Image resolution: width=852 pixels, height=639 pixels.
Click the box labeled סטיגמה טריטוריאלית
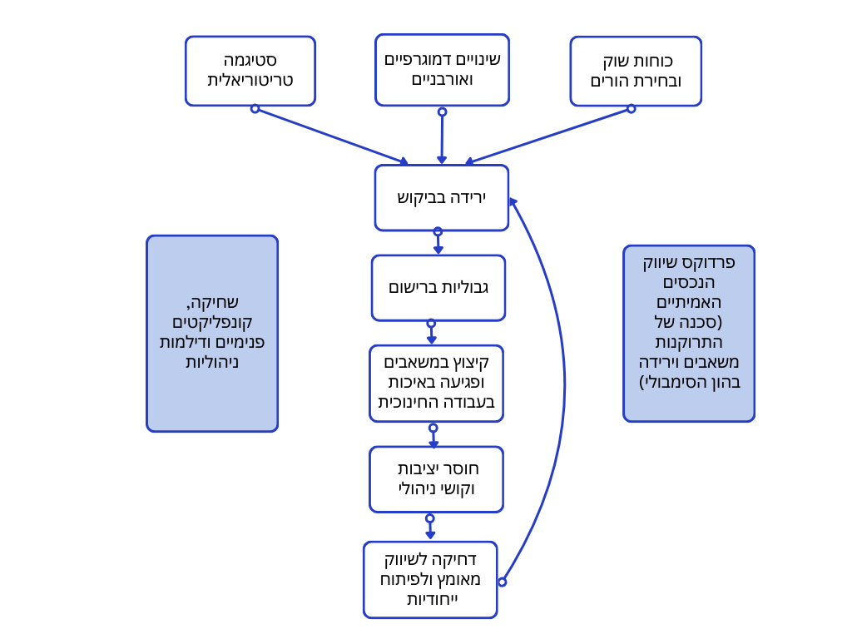(250, 71)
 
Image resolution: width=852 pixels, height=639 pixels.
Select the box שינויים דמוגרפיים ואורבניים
(442, 70)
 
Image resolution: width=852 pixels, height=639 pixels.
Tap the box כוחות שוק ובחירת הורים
(636, 71)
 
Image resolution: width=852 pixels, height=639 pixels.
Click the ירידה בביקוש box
(441, 198)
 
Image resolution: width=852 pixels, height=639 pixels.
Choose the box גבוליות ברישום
(438, 287)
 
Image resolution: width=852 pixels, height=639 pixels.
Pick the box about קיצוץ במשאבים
(436, 383)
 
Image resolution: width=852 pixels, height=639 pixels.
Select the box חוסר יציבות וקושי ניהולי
(436, 479)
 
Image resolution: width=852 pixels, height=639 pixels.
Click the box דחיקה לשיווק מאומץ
(430, 579)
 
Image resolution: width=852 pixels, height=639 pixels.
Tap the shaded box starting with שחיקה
(212, 333)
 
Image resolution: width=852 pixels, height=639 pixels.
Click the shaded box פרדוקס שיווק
(689, 333)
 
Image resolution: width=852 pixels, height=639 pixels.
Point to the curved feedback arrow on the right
(564, 383)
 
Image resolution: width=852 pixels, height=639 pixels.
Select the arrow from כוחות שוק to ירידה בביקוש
(549, 136)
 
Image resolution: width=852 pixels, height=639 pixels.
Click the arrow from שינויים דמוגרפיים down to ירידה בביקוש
(442, 137)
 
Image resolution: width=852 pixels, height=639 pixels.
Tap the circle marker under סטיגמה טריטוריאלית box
(255, 108)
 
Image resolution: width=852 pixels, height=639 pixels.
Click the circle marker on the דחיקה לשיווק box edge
(502, 582)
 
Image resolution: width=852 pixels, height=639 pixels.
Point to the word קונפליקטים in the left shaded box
(212, 322)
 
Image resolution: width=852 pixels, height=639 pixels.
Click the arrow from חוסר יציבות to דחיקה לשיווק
(430, 528)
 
